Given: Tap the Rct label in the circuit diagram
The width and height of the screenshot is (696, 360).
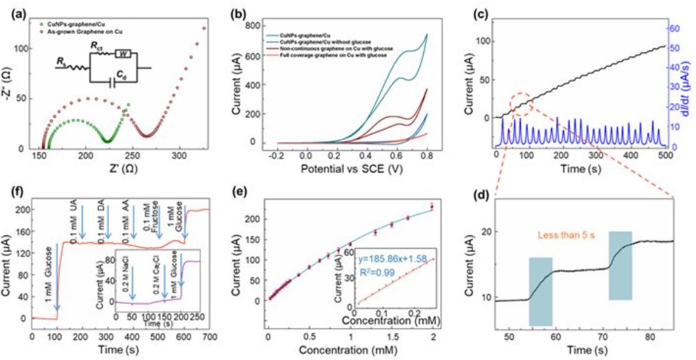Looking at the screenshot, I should click(x=96, y=46).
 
